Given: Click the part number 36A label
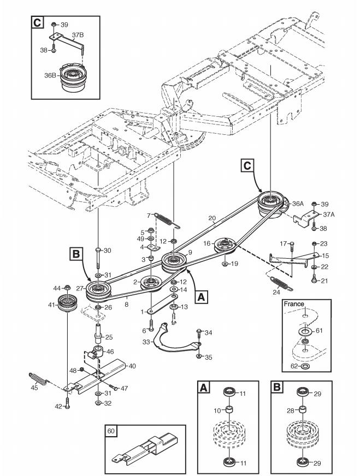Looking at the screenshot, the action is [x=298, y=204].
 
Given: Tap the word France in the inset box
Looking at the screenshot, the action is [x=294, y=304].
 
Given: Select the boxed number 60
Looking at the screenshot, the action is [x=111, y=431].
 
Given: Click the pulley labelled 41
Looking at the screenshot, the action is [x=67, y=303].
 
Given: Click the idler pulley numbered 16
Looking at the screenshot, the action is [x=225, y=245].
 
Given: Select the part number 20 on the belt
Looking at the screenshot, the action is [x=212, y=218].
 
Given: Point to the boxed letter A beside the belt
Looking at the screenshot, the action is [x=201, y=296].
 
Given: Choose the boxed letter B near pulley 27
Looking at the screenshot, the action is [x=75, y=253].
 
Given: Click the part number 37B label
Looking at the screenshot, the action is [x=78, y=35].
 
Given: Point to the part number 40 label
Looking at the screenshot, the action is [x=132, y=366].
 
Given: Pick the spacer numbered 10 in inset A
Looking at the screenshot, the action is [x=229, y=409].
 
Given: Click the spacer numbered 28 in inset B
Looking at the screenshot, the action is [x=303, y=409].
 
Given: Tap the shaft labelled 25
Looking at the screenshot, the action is [x=98, y=332].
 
